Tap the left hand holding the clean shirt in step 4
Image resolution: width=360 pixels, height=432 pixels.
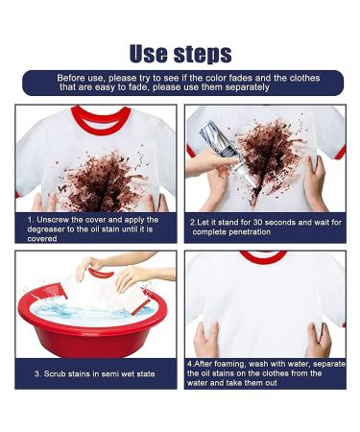205,339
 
